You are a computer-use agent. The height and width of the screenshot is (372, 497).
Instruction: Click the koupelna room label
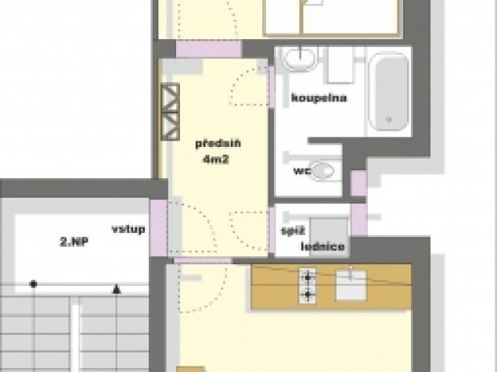[x=319, y=98]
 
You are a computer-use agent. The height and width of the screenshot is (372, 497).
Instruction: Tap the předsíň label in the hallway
[x=218, y=144]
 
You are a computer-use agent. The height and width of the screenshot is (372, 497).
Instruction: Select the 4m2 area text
[x=216, y=159]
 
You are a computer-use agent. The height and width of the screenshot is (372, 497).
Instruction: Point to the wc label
[x=301, y=171]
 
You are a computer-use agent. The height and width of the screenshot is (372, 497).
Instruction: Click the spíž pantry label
[x=294, y=231]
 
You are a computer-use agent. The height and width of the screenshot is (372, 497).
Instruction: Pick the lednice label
[x=323, y=246]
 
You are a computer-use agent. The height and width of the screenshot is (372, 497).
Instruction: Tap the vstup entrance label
[x=128, y=228]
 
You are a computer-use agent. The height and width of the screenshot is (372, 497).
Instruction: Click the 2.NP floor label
[x=74, y=242]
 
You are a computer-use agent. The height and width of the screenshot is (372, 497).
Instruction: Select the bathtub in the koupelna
[x=389, y=91]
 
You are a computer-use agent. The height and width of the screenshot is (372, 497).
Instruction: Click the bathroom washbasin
[x=300, y=58]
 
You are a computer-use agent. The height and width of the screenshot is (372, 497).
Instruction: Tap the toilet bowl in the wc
[x=322, y=170]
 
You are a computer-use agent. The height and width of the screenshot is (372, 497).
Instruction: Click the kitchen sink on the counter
[x=351, y=284]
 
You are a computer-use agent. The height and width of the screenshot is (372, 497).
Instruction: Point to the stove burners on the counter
[x=308, y=286]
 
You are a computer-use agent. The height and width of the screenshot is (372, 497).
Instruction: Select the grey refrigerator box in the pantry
[x=330, y=235]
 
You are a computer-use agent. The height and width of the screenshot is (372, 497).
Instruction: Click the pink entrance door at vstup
[x=158, y=227]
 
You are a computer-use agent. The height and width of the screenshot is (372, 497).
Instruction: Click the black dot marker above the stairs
[x=34, y=284]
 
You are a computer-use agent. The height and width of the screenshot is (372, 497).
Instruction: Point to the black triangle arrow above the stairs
[x=117, y=288]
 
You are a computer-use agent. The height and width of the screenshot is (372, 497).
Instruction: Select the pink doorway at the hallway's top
[x=209, y=49]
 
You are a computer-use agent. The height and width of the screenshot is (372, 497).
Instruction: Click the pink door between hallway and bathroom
[x=272, y=87]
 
